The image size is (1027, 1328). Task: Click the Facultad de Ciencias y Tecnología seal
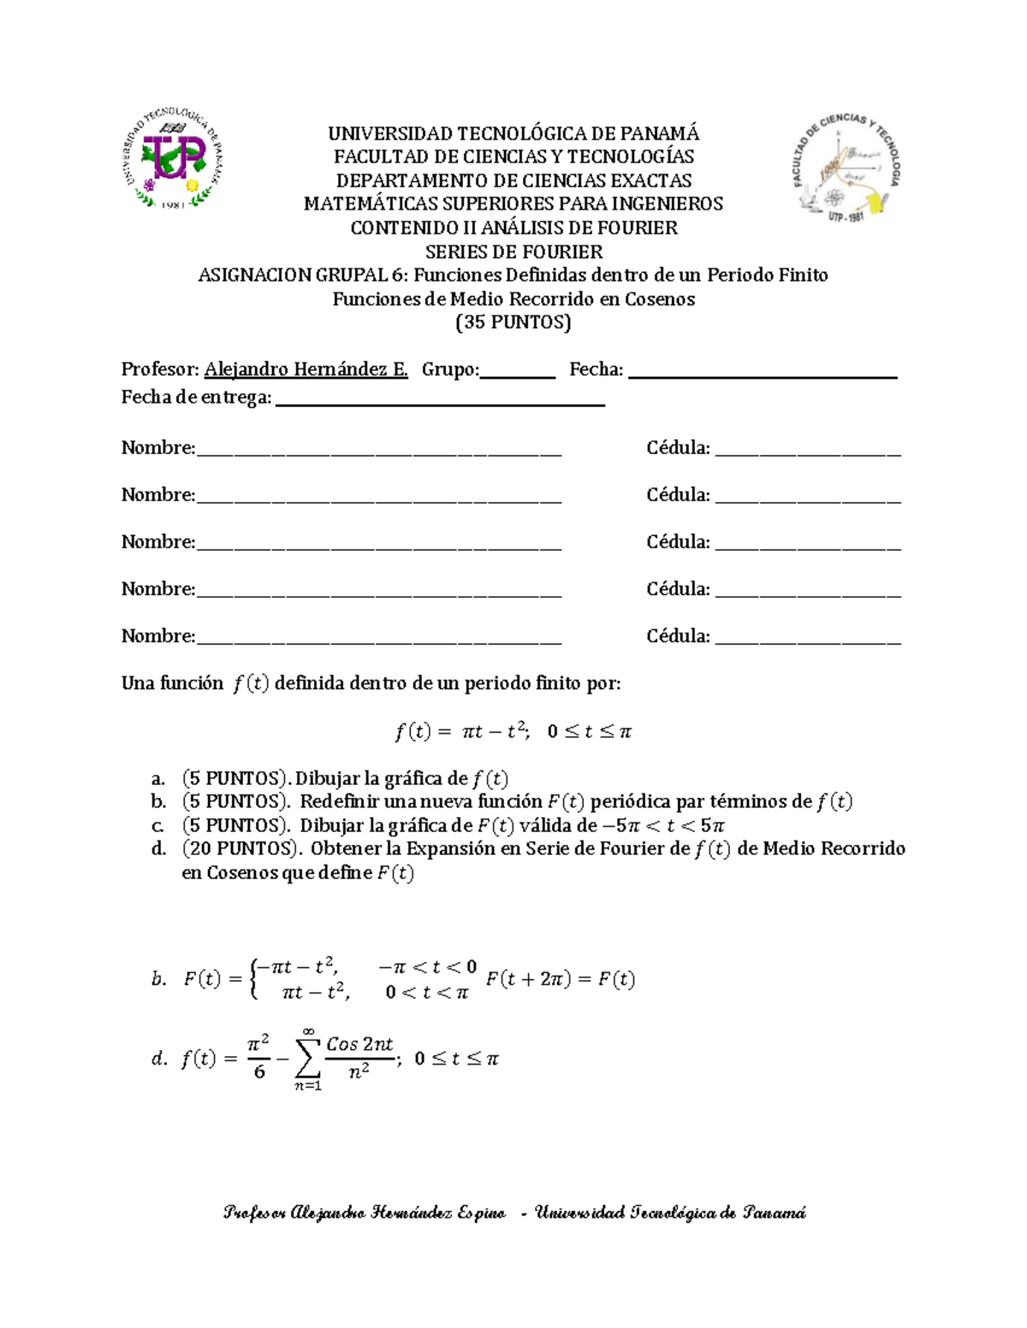click(x=846, y=167)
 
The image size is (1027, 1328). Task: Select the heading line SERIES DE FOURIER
click(x=513, y=251)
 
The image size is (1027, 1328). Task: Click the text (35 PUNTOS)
click(x=513, y=322)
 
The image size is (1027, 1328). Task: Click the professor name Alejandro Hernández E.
click(x=306, y=369)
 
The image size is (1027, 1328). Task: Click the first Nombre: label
click(x=157, y=448)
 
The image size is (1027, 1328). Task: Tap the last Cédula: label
click(x=678, y=636)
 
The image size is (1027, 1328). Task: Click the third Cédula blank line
click(x=808, y=546)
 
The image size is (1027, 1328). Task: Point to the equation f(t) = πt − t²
click(x=513, y=732)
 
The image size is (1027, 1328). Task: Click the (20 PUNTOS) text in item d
click(x=242, y=849)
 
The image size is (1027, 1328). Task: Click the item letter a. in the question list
click(x=157, y=779)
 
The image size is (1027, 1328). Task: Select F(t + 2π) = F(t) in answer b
click(x=561, y=980)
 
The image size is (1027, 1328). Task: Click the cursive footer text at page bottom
click(x=513, y=1213)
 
